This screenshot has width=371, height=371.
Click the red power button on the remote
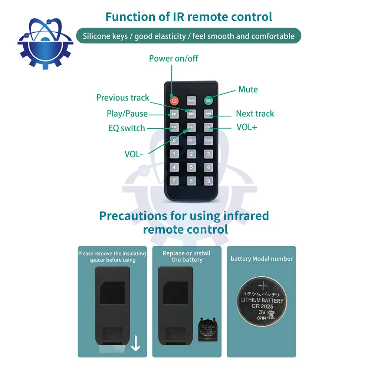(174, 100)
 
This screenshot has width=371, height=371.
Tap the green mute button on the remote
(209, 100)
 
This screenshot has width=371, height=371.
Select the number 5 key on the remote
(191, 167)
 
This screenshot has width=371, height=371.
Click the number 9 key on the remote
(209, 181)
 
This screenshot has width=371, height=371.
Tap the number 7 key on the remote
(174, 181)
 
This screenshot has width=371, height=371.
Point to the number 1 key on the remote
(174, 154)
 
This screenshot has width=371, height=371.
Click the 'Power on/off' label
(174, 58)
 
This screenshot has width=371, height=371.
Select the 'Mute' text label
(248, 89)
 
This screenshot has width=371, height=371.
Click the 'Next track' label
(255, 114)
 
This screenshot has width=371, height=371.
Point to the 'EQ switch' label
(127, 128)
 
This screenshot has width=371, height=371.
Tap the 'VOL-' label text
(134, 154)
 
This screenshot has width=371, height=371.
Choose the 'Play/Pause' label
(127, 114)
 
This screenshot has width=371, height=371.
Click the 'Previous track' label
(122, 98)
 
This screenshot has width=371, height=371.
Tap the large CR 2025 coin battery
(262, 301)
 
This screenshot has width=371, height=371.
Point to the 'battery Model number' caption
(262, 259)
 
